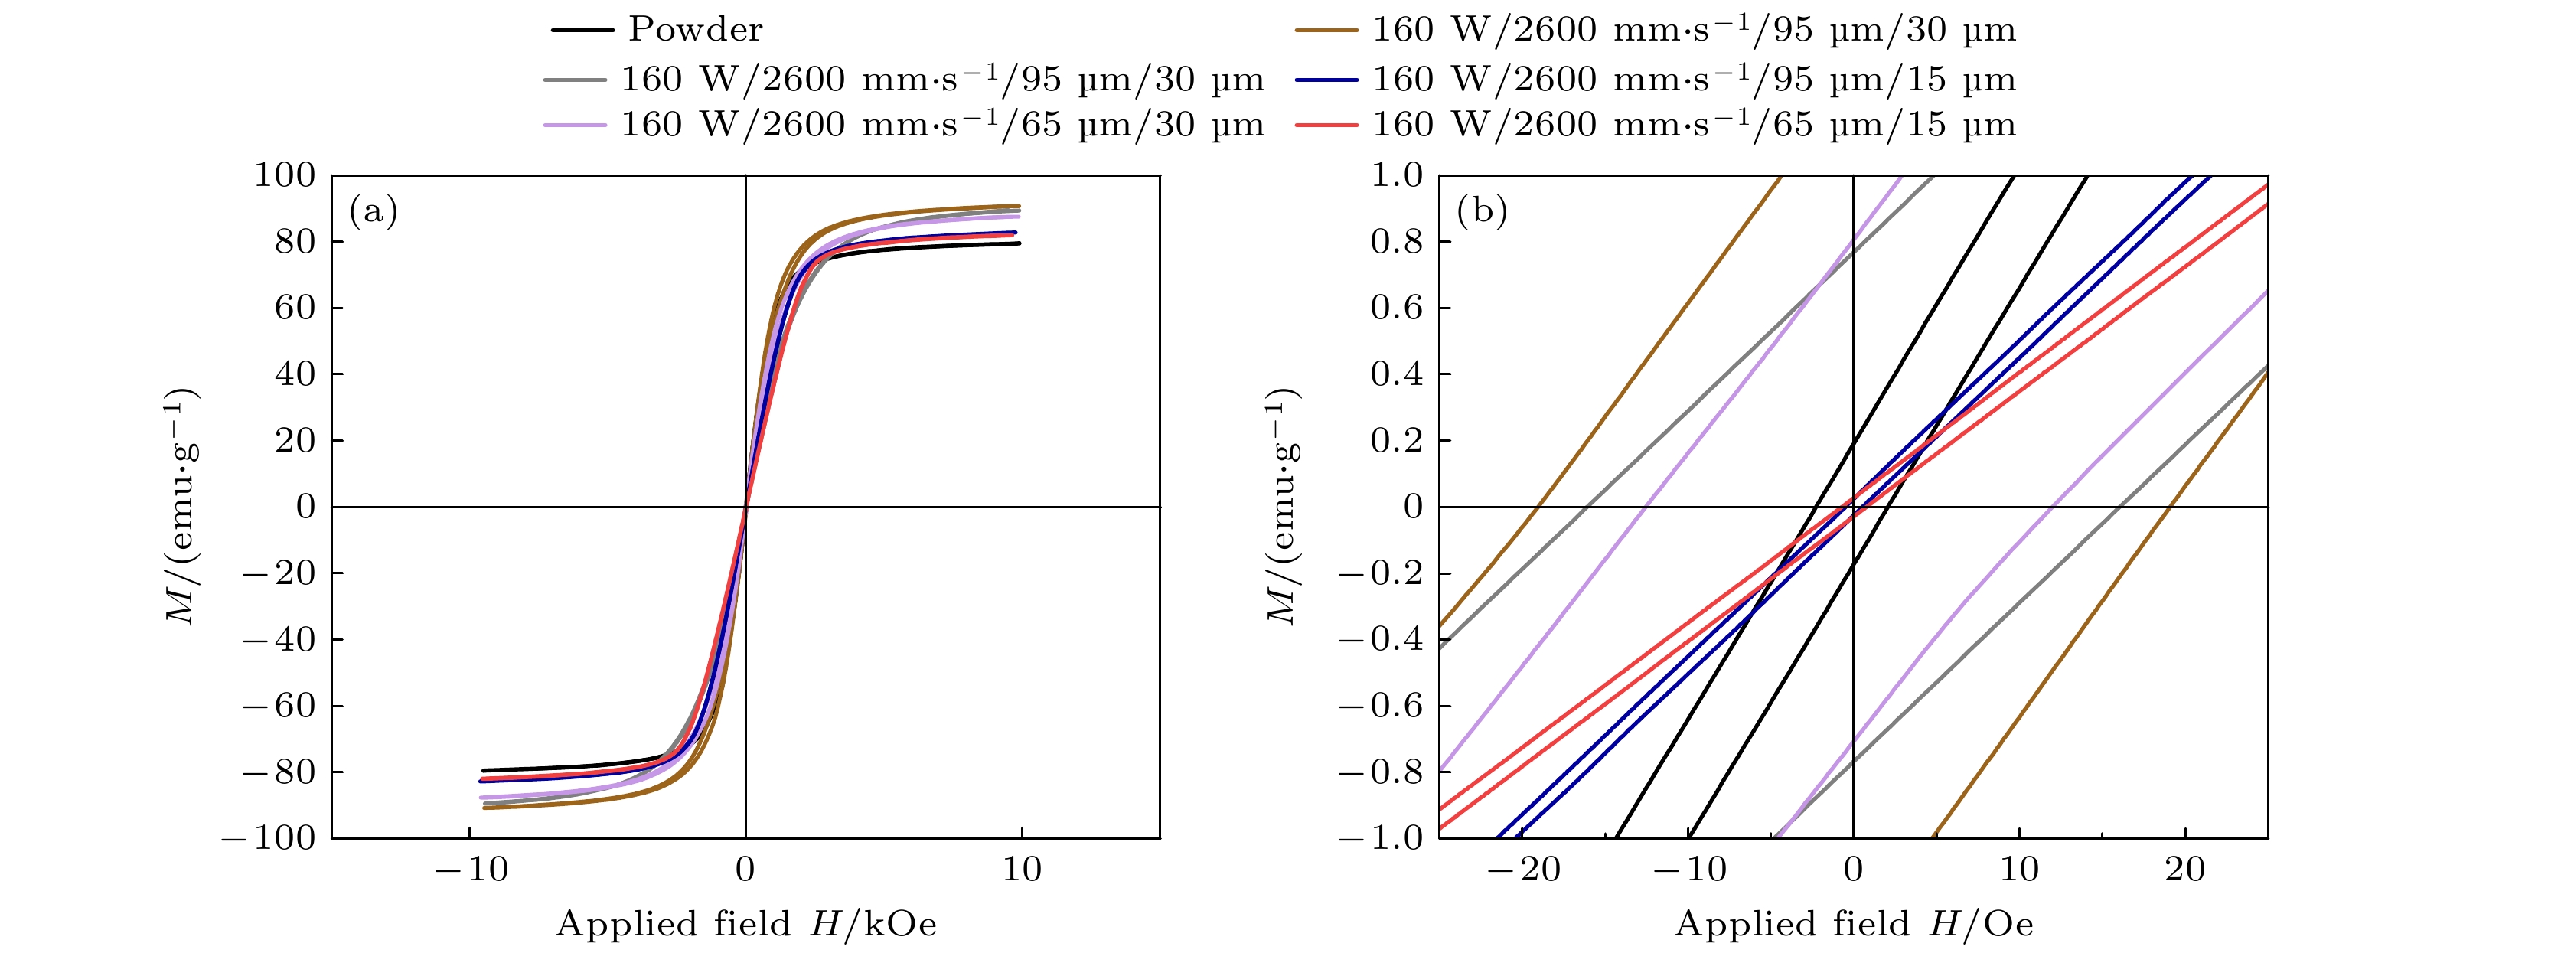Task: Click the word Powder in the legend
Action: click(695, 30)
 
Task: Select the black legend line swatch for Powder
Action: click(582, 30)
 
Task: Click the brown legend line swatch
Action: click(1326, 30)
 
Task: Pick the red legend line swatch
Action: click(1326, 126)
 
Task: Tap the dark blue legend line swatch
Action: click(1326, 80)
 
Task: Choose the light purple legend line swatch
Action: click(575, 126)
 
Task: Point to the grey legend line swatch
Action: click(575, 80)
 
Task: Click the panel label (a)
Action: click(374, 211)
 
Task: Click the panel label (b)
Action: click(1481, 211)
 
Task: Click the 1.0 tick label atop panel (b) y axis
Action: click(1397, 175)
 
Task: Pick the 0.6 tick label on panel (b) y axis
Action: click(1397, 308)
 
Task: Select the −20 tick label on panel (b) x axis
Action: click(1524, 870)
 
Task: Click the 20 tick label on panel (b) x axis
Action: click(2184, 870)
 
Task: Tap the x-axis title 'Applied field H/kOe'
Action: click(745, 924)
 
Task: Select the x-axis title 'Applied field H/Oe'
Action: click(1853, 924)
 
